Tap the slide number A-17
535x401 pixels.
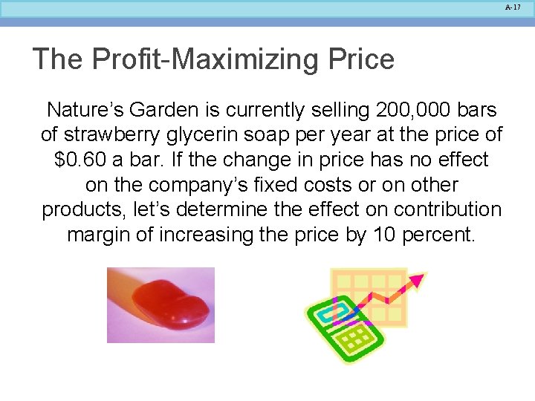coord(513,7)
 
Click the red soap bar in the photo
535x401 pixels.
coord(172,301)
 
